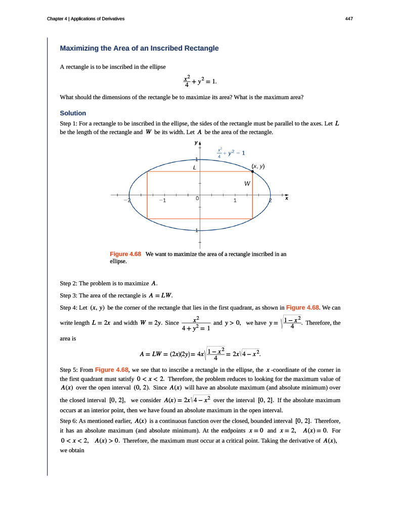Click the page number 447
(x=349, y=19)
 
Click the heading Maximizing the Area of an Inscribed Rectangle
(x=139, y=49)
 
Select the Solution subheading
(x=73, y=113)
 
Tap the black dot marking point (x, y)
(x=252, y=171)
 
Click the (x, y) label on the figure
(x=258, y=166)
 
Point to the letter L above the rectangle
(x=194, y=166)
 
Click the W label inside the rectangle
(x=247, y=183)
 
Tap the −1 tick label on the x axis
(x=161, y=201)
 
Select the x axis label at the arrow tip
(x=286, y=199)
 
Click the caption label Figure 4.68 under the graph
(x=125, y=254)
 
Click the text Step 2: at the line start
(x=70, y=282)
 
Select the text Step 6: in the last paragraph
(x=70, y=421)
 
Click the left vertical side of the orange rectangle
(x=147, y=195)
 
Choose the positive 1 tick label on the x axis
(x=235, y=201)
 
